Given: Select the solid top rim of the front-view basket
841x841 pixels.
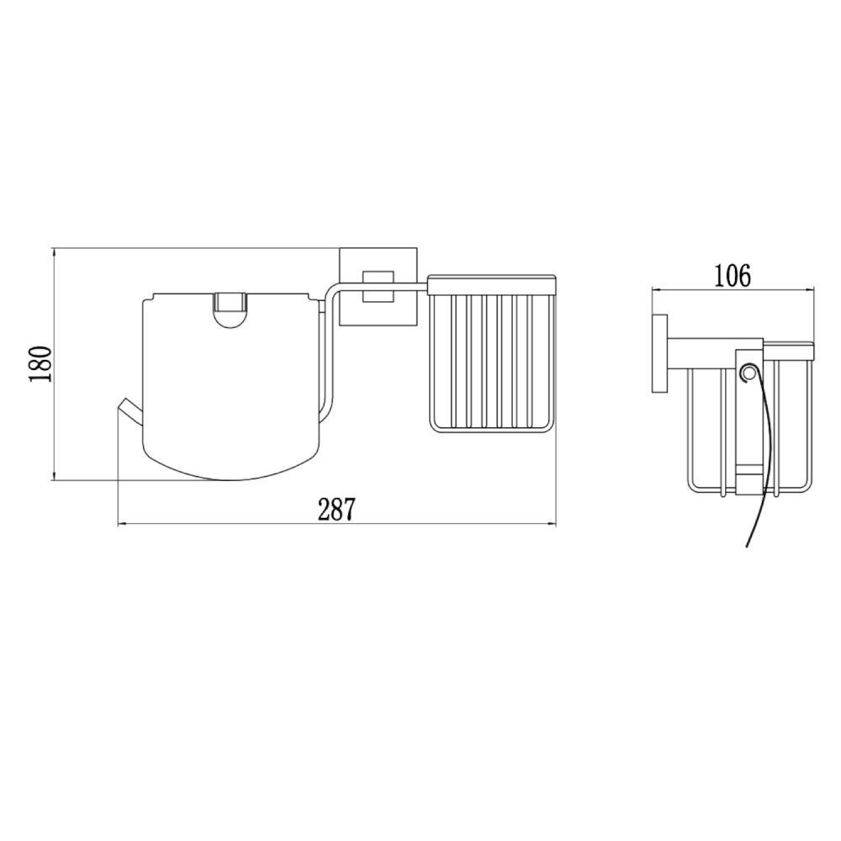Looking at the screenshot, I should [x=492, y=284].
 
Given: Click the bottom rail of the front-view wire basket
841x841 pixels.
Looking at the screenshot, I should [x=492, y=431].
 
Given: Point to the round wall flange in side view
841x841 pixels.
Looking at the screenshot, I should [x=660, y=353].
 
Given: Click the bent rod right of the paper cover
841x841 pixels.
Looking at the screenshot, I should [x=331, y=353].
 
